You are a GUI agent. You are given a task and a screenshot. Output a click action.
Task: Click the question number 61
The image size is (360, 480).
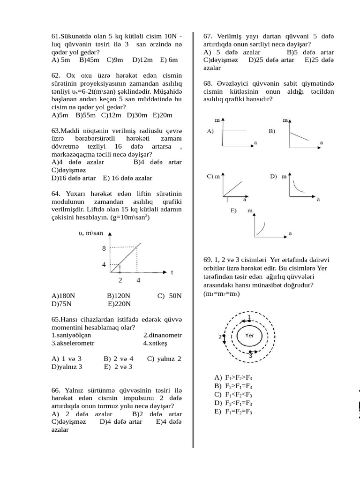[56, 36]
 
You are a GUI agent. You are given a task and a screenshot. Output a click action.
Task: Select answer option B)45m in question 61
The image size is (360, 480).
[89, 60]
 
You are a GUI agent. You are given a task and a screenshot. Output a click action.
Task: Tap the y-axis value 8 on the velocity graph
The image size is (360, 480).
[104, 248]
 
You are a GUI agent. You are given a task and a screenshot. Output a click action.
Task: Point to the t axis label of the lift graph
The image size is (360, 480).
[172, 272]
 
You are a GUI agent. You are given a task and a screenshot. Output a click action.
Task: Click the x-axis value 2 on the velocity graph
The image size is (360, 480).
[120, 280]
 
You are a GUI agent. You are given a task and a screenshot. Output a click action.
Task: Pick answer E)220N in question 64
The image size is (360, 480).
[119, 304]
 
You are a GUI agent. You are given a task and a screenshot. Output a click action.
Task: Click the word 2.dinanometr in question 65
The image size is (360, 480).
[162, 335]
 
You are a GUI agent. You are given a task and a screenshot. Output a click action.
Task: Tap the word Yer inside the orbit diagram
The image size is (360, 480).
[249, 336]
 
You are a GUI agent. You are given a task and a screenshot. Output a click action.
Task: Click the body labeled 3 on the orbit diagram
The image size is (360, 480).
[251, 352]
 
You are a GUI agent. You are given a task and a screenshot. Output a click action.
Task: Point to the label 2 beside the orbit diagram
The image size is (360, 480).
[220, 337]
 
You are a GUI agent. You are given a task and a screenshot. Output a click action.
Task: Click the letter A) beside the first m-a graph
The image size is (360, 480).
[210, 132]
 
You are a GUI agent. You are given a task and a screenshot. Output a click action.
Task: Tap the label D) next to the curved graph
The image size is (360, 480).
[274, 177]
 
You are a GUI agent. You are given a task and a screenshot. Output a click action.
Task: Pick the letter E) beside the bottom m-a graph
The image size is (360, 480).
[233, 210]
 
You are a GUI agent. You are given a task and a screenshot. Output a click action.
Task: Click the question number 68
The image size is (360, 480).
[209, 83]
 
